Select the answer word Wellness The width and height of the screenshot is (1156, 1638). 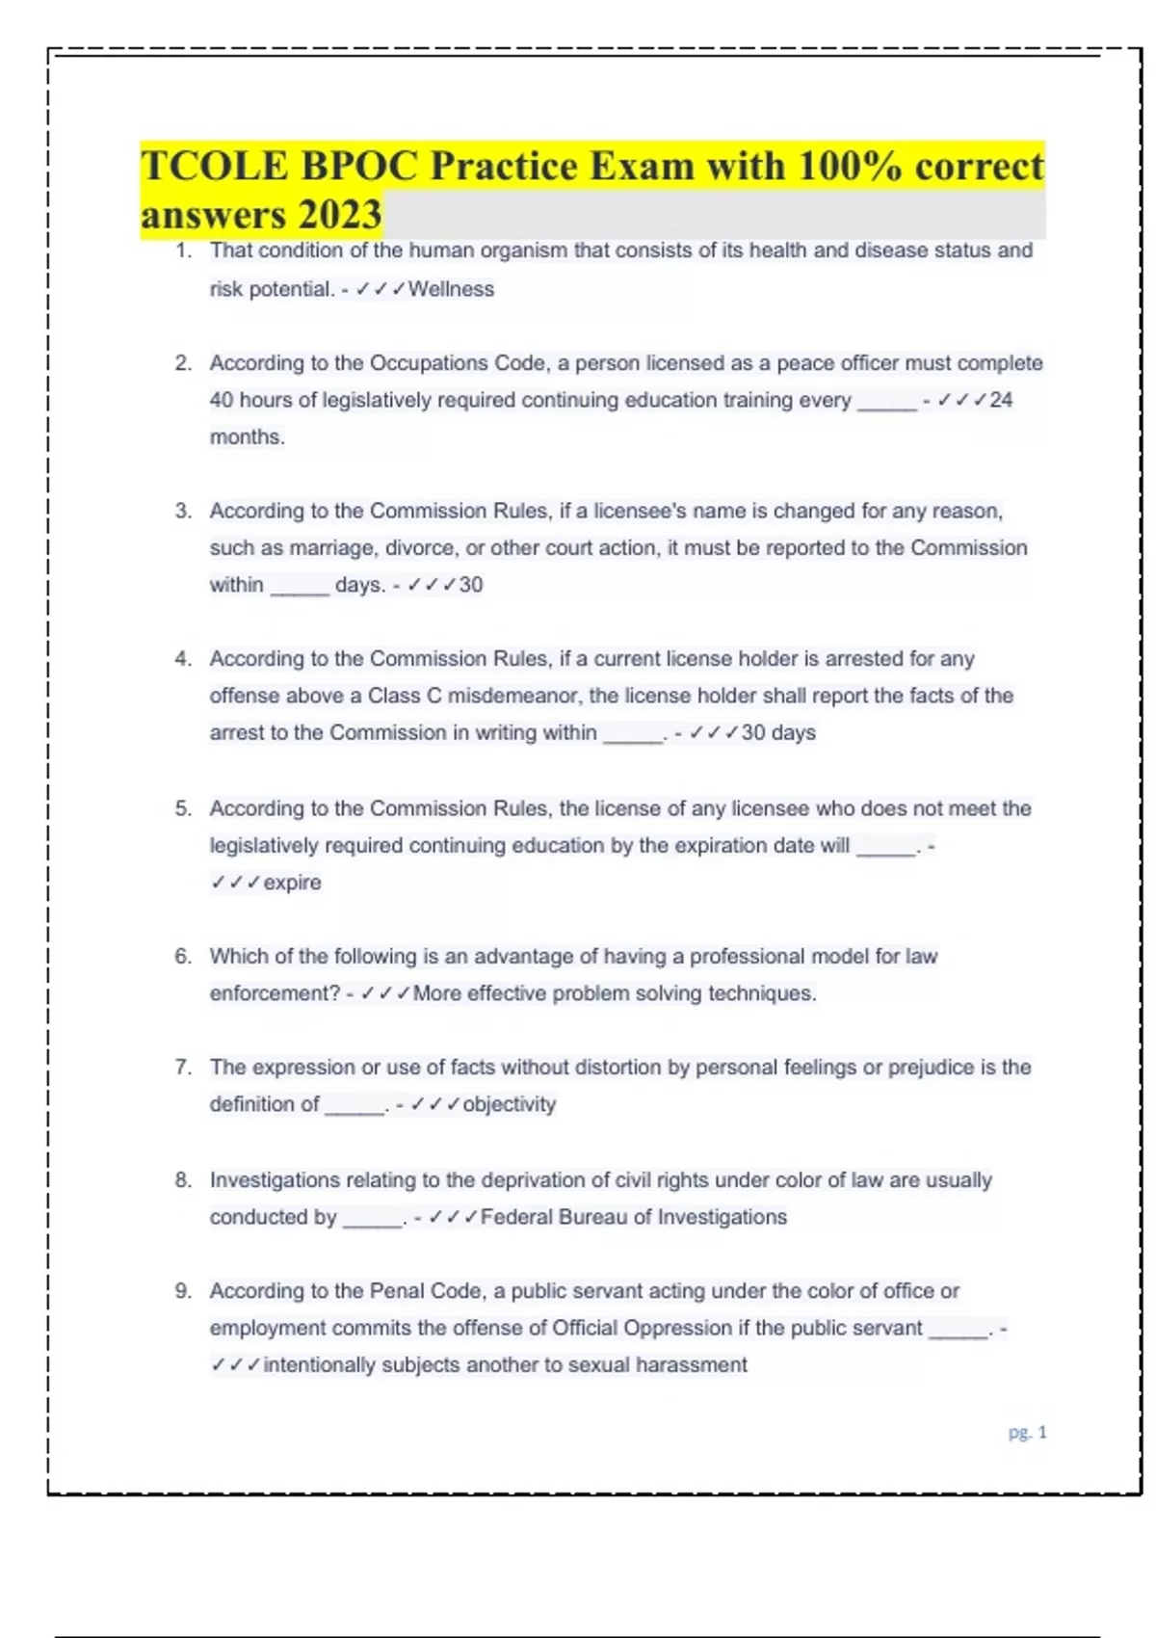pyautogui.click(x=451, y=289)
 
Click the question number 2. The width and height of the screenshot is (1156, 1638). pyautogui.click(x=183, y=363)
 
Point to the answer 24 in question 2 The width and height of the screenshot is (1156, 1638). pyautogui.click(x=1001, y=400)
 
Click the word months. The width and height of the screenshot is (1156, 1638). pyautogui.click(x=247, y=436)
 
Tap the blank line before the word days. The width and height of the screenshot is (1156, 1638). pyautogui.click(x=300, y=586)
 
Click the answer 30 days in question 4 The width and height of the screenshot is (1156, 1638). pyautogui.click(x=778, y=732)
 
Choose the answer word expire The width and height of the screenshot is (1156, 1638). pyautogui.click(x=292, y=883)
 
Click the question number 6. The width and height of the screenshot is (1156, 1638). pyautogui.click(x=183, y=957)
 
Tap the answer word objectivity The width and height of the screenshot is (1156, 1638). pyautogui.click(x=509, y=1104)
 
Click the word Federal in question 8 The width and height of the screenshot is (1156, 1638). pyautogui.click(x=516, y=1217)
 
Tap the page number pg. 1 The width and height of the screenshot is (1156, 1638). pyautogui.click(x=1027, y=1433)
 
